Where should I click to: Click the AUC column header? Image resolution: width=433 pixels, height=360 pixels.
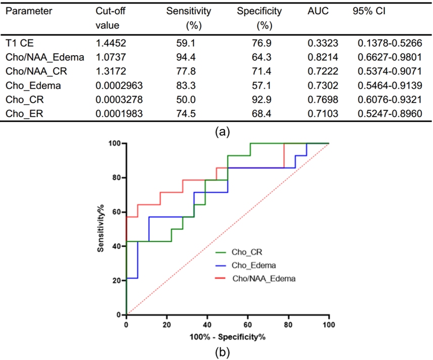coord(318,11)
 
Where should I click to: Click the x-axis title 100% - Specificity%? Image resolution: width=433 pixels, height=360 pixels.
coord(228,336)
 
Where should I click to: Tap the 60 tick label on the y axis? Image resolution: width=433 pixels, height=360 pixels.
coord(117,212)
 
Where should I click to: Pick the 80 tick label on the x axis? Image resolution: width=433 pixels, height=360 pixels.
coord(288,324)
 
